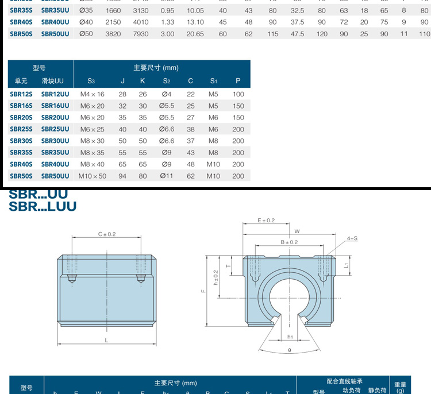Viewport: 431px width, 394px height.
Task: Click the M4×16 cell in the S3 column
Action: [92, 94]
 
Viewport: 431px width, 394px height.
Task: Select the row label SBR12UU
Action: [55, 94]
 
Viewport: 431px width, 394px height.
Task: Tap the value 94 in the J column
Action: [122, 176]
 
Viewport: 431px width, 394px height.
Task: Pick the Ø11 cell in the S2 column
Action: [166, 176]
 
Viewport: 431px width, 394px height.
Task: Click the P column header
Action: [238, 81]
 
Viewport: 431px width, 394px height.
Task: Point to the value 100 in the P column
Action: [238, 94]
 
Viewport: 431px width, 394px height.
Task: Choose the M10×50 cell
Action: [92, 176]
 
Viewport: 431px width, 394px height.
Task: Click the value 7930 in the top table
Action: [140, 34]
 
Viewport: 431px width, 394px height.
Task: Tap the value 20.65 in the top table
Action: [196, 34]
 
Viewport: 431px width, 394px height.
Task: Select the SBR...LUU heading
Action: [43, 206]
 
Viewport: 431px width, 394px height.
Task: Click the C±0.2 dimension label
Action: [107, 234]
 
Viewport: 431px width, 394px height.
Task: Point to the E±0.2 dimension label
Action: [266, 220]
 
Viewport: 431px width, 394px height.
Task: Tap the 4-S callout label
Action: [352, 238]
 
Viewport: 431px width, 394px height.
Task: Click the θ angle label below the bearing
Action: [290, 350]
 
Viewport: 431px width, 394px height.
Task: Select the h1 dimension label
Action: [290, 337]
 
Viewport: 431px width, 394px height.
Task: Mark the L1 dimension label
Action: [346, 265]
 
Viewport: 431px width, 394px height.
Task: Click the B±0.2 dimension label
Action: [290, 242]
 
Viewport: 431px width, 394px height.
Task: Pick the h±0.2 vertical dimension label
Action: [216, 278]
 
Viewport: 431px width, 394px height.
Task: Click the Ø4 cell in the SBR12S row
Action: [166, 94]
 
